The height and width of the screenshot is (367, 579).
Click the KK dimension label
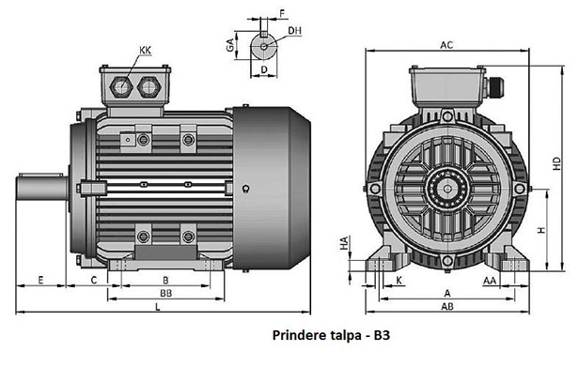coord(145,50)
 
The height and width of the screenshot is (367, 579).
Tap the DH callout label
coord(295,31)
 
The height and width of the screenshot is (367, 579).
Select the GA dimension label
coord(230,45)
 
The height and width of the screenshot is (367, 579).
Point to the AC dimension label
coord(446,45)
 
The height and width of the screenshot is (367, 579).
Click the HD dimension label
coord(556,163)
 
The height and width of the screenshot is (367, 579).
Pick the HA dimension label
coord(344,243)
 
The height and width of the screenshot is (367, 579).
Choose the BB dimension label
coord(165,293)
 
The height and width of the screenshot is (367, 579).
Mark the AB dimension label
coord(447,306)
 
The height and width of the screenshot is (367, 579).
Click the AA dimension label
coord(490,281)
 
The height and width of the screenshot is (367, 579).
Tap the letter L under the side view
coord(158,307)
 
